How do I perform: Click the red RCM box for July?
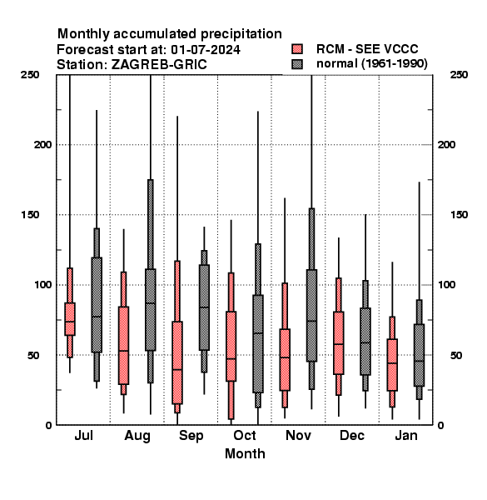coord(70,319)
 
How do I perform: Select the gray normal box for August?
coord(151,310)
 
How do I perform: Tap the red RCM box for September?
coord(177,362)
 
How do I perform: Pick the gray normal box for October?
coord(258,343)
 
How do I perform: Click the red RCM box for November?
coord(285,360)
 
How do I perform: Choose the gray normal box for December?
coord(365,342)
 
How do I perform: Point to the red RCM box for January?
coord(392,365)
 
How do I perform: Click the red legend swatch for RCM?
coord(297,49)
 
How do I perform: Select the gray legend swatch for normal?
coord(297,64)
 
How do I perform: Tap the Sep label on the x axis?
coord(191,436)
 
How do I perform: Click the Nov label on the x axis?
coord(298,436)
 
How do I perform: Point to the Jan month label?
coord(406,436)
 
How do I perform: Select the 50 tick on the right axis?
coord(456,355)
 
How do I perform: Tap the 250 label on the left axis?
coord(30,75)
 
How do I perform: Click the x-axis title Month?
coord(245,454)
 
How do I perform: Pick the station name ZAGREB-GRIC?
coord(159,65)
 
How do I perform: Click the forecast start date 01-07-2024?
coord(206,50)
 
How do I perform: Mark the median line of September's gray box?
coord(204,307)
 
